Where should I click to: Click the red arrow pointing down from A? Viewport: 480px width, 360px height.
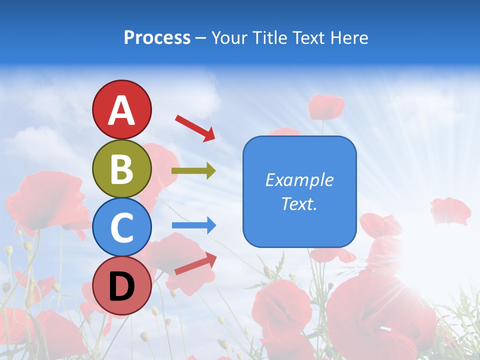point(195,127)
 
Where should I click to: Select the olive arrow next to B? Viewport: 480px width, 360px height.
point(193,171)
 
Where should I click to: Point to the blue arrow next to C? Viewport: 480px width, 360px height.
point(193,225)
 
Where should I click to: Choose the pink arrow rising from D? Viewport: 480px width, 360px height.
point(195,263)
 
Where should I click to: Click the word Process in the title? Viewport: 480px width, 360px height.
point(157,37)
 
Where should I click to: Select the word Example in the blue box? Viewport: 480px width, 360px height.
point(299,180)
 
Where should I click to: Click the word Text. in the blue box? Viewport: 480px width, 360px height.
point(299,203)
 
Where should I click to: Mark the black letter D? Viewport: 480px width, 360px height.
point(121,286)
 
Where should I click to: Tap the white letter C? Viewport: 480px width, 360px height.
point(121,228)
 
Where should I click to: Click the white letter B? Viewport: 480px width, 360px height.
point(121,169)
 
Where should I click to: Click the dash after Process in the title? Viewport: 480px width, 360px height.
point(200,38)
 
